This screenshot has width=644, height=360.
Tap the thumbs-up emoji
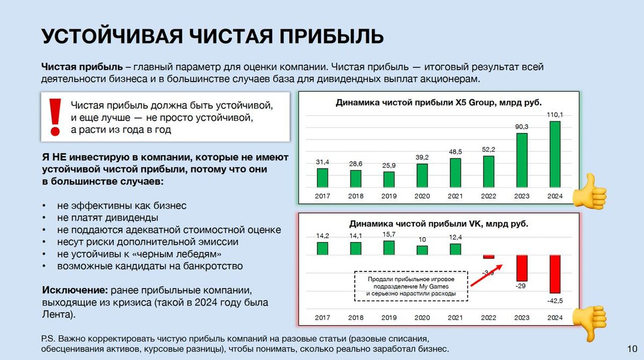point(589,190)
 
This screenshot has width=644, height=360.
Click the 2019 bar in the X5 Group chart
point(389,179)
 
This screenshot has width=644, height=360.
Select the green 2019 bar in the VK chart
point(389,247)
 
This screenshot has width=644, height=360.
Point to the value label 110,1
point(555,115)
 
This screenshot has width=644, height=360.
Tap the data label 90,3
point(522,127)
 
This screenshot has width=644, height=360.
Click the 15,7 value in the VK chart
point(389,234)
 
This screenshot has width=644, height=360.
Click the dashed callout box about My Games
point(412,286)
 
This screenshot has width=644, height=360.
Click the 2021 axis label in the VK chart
point(455,318)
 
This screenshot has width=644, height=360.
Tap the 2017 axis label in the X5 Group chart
point(323,196)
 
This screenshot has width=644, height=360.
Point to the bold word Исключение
point(75,290)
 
